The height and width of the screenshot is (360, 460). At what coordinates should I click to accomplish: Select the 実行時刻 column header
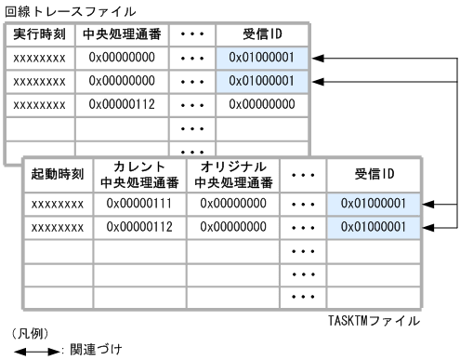[x=39, y=35]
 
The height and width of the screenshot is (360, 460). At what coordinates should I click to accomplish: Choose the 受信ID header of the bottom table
[x=375, y=174]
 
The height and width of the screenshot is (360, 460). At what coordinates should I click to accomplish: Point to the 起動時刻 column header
[x=58, y=174]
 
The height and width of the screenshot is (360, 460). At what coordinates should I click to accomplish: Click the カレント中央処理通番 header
[x=139, y=174]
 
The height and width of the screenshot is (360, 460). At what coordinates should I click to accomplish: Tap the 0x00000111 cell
[x=139, y=203]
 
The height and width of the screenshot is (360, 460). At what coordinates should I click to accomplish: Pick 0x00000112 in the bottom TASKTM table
[x=139, y=227]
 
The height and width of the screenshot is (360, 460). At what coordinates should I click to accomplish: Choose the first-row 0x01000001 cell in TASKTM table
[x=375, y=203]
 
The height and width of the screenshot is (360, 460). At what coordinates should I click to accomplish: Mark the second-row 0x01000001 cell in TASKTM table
[x=375, y=227]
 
